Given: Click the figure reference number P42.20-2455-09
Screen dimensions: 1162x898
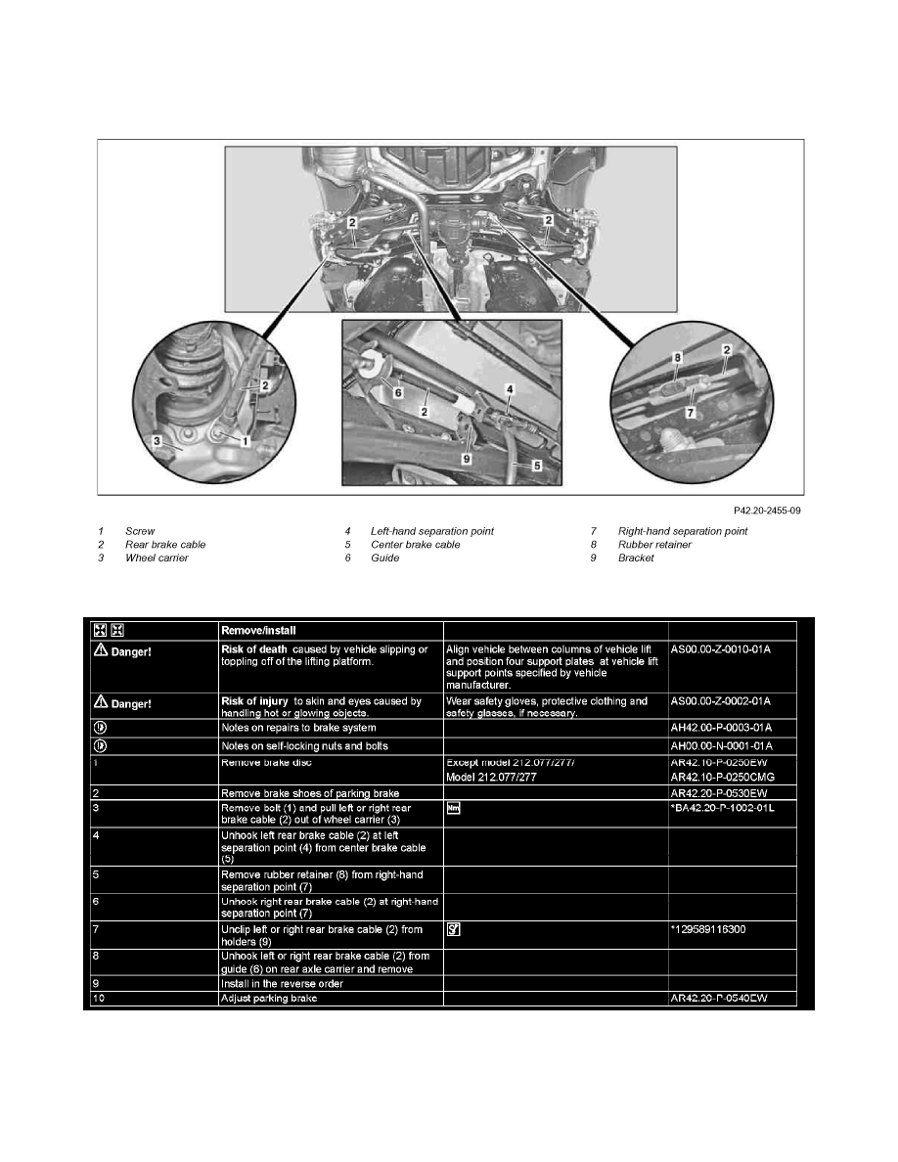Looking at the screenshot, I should coord(768,510).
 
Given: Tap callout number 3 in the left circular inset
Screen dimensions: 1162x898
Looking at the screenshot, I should coord(157,441).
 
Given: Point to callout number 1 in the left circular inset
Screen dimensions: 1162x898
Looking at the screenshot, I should coord(247,442).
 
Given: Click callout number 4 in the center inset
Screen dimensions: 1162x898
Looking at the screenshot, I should coord(510,389).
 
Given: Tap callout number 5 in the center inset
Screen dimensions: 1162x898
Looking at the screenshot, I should coord(537,467).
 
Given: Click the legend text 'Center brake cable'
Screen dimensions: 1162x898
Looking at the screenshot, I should coord(416,545).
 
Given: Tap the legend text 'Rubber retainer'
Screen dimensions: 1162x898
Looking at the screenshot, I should coord(654,545).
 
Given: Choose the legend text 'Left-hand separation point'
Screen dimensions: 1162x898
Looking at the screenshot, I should coord(432,531).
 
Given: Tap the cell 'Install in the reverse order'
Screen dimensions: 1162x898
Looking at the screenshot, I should coord(282,981).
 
